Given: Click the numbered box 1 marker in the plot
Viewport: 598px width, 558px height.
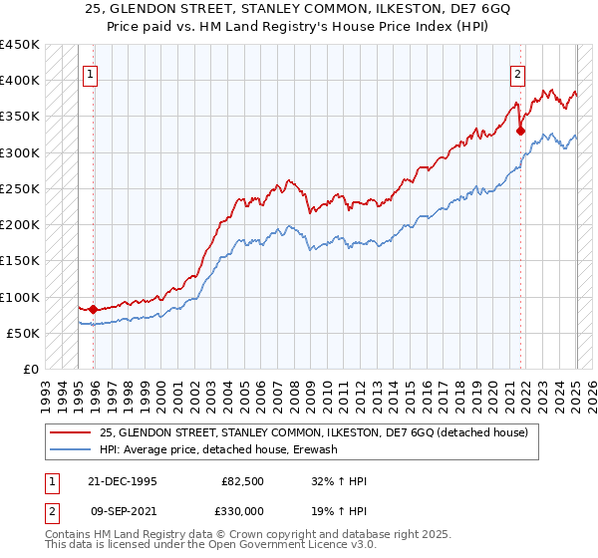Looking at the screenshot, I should [90, 73].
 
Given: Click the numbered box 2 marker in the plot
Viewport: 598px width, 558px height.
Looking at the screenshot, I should [518, 73].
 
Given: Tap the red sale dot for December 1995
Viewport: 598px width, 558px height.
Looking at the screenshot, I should [94, 309].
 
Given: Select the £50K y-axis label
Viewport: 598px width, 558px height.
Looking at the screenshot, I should [24, 333].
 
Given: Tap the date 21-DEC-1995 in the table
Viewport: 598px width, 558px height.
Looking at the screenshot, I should [118, 480].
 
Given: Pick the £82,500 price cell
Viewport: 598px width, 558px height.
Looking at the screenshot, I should [242, 480].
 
